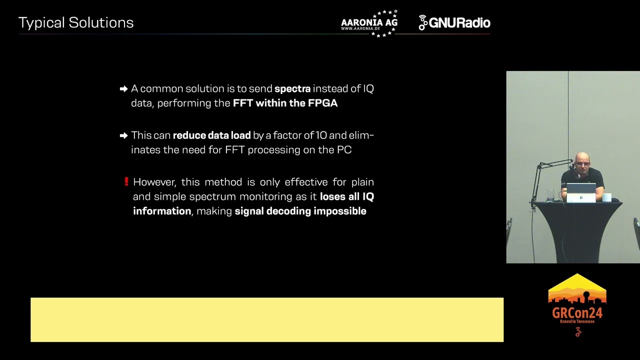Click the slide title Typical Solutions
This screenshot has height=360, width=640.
pyautogui.click(x=76, y=23)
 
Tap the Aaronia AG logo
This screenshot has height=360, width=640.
pyautogui.click(x=369, y=23)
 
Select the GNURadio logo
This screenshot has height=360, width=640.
pyautogui.click(x=454, y=23)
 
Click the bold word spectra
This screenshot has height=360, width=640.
pyautogui.click(x=292, y=89)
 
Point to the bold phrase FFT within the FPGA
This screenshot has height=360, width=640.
pyautogui.click(x=285, y=103)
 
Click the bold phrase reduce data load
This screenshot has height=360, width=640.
pyautogui.click(x=211, y=135)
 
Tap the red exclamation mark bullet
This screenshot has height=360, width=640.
pyautogui.click(x=126, y=182)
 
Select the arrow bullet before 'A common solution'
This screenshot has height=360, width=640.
pyautogui.click(x=123, y=89)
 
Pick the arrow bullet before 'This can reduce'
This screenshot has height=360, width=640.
pyautogui.click(x=123, y=135)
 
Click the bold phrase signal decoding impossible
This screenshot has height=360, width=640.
pyautogui.click(x=300, y=211)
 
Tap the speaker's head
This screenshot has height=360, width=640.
pyautogui.click(x=582, y=162)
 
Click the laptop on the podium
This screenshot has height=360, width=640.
pyautogui.click(x=581, y=192)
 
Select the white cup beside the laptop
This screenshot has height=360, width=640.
pyautogui.click(x=606, y=197)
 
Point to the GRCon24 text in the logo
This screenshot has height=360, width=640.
pyautogui.click(x=577, y=313)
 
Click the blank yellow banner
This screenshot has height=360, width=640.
pyautogui.click(x=267, y=320)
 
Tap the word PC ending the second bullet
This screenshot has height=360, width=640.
pyautogui.click(x=344, y=150)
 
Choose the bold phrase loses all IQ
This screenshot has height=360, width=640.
pyautogui.click(x=346, y=197)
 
